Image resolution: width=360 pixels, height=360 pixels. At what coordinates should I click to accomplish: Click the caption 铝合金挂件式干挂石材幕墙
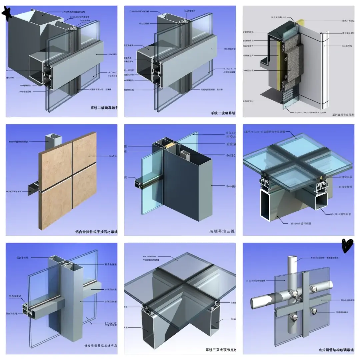tap(96, 231)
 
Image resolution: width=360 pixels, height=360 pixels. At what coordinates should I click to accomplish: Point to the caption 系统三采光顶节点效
tap(220, 350)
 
